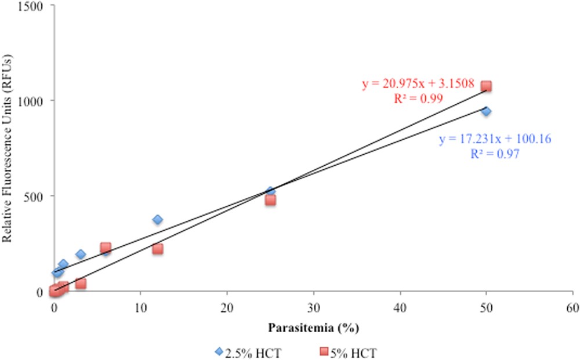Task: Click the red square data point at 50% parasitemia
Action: click(486, 86)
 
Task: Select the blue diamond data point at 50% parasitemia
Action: click(486, 111)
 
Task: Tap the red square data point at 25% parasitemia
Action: click(270, 200)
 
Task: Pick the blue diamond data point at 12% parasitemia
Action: click(158, 219)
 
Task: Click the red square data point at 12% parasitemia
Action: click(158, 249)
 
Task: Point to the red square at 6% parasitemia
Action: click(106, 248)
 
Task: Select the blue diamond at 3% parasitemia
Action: click(81, 254)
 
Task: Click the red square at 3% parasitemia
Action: click(81, 283)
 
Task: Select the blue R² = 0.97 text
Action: click(494, 154)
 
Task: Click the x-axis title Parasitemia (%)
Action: click(313, 328)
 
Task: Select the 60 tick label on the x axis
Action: click(573, 307)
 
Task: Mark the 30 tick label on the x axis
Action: click(313, 307)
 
